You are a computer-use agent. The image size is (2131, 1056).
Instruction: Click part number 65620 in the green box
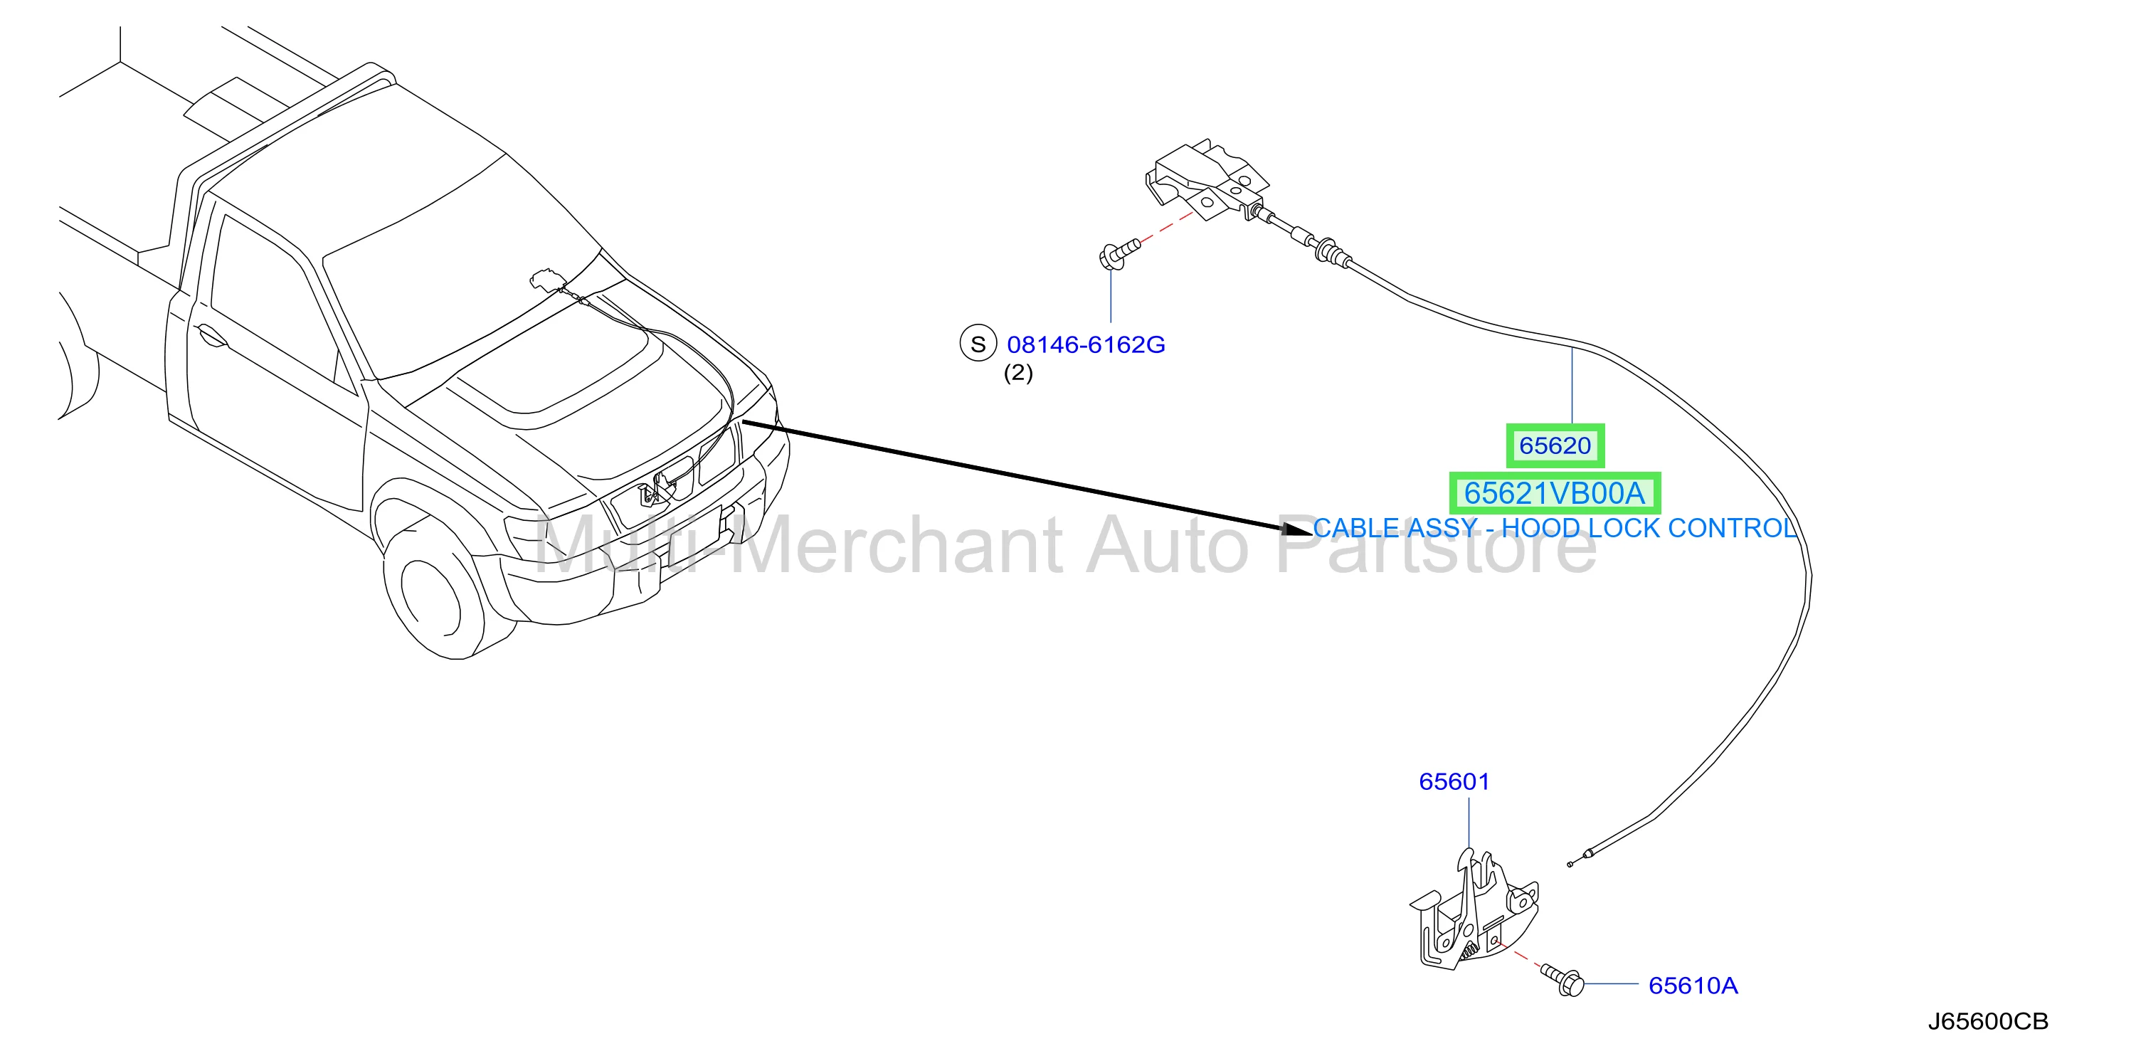click(x=1555, y=446)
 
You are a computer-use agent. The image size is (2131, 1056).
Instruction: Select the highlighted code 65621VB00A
click(x=1555, y=493)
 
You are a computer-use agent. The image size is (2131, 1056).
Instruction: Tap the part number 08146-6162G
click(x=1085, y=344)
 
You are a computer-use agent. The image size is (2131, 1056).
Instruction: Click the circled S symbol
click(x=978, y=344)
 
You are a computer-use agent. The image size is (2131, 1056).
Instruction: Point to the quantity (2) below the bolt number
click(x=1018, y=374)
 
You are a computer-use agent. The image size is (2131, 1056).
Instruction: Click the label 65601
click(x=1454, y=781)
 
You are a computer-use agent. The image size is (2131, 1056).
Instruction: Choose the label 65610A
click(x=1693, y=986)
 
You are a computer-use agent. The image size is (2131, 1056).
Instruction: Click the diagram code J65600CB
click(x=1988, y=1021)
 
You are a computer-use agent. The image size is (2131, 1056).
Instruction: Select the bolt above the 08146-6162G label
click(x=1119, y=253)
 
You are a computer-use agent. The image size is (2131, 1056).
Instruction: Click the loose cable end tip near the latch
click(x=1570, y=864)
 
